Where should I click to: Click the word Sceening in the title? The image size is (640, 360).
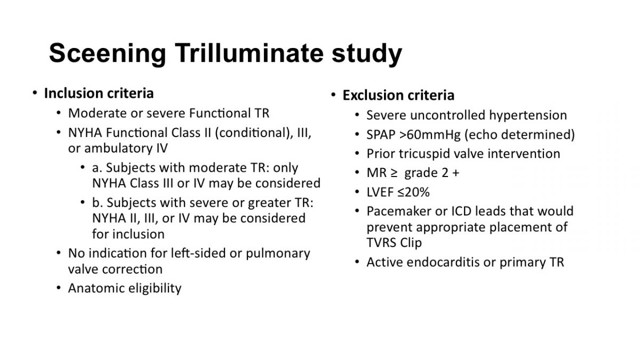click(x=107, y=54)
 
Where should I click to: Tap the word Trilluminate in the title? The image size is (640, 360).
click(x=249, y=53)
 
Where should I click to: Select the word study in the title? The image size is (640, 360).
click(x=367, y=54)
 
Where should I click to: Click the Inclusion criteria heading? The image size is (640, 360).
click(x=99, y=93)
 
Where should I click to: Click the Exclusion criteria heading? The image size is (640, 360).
click(x=398, y=95)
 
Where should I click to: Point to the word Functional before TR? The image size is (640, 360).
click(x=220, y=113)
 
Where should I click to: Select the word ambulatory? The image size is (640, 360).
click(x=118, y=149)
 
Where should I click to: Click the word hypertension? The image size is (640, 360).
click(x=528, y=115)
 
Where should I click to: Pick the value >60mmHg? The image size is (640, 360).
click(x=430, y=134)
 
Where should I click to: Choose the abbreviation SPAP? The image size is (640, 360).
click(x=381, y=134)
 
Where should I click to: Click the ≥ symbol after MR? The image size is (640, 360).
click(x=394, y=173)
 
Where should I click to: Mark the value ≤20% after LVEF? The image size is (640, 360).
click(x=413, y=192)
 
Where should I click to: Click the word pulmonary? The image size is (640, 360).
click(x=278, y=254)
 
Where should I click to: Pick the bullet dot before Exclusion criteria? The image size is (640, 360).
click(x=333, y=95)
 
